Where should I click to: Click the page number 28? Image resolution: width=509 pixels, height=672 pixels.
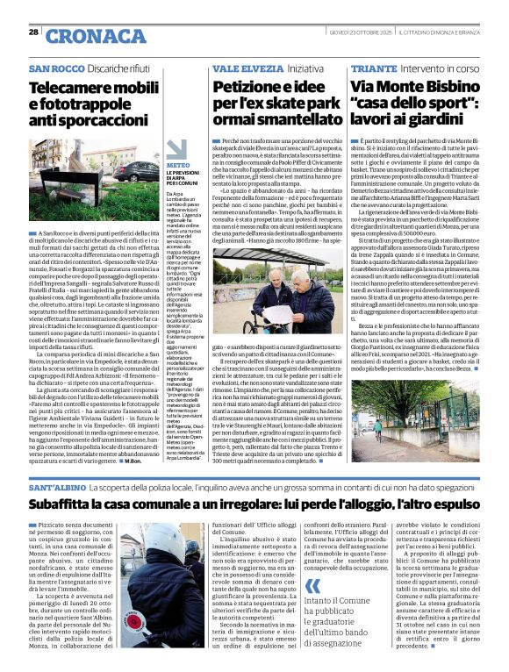click(x=33, y=32)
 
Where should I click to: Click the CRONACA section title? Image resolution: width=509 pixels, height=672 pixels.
click(x=83, y=36)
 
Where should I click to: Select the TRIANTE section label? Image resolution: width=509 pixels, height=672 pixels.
click(x=374, y=68)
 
